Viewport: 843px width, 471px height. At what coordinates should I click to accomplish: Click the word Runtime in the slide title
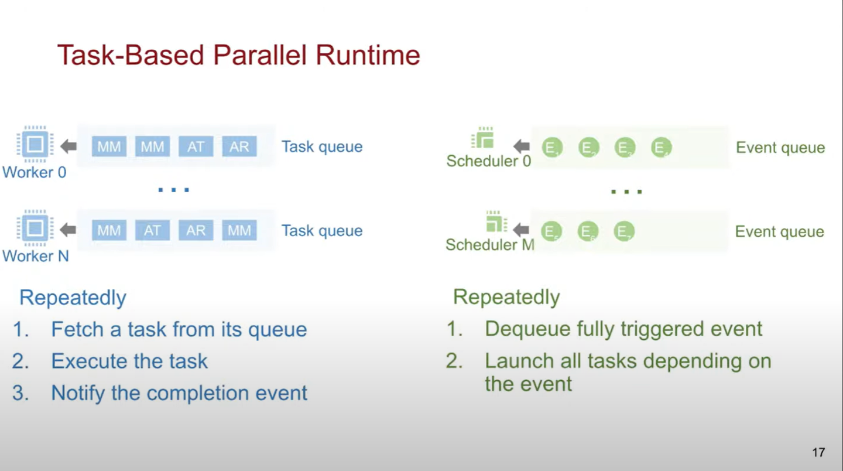[368, 56]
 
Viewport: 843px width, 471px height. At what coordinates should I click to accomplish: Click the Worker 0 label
[34, 172]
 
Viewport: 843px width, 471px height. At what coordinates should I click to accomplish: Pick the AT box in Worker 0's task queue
[196, 146]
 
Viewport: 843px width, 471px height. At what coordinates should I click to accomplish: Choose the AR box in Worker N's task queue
[196, 230]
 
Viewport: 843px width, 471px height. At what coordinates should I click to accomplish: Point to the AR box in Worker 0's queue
[239, 146]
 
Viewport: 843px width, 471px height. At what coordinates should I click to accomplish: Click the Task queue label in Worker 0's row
[321, 146]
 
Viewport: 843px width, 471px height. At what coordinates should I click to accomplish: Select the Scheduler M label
[489, 244]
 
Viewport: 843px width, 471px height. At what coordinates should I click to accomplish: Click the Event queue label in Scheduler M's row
[779, 231]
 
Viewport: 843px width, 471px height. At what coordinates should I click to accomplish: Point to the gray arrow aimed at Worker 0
[68, 146]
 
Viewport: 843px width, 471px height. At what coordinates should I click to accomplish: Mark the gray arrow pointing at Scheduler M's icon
[521, 230]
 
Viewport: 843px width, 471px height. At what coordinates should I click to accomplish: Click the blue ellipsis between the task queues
[174, 190]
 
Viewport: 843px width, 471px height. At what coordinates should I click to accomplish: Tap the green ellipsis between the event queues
[626, 192]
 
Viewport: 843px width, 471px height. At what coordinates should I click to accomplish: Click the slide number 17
[818, 452]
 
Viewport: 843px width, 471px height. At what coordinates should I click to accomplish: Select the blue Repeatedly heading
[73, 298]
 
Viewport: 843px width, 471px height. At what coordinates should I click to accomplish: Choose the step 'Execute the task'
[129, 361]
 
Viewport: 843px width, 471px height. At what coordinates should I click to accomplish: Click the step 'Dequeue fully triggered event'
[623, 329]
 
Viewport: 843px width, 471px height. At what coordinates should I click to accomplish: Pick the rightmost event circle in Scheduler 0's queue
[661, 148]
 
